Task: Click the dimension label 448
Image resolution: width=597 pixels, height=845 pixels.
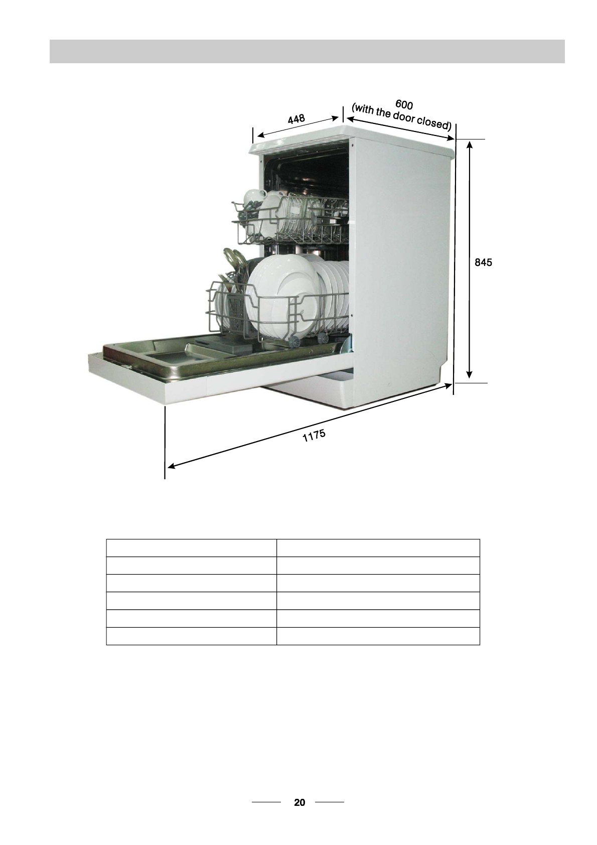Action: [296, 119]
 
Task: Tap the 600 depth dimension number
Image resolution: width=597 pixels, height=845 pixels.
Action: [404, 104]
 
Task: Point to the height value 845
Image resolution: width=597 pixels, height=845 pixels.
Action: [483, 262]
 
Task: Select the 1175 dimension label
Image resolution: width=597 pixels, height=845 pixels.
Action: [314, 436]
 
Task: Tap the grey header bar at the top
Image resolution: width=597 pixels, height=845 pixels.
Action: [307, 51]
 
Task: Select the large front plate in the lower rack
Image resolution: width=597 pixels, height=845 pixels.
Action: [281, 295]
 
